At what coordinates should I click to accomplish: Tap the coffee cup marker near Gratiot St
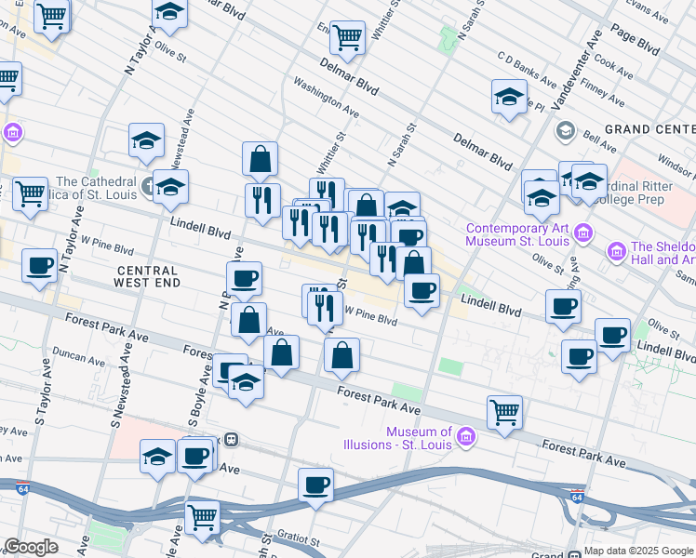316,485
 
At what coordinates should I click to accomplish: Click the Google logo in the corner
31,548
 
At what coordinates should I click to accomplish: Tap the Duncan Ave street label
80,356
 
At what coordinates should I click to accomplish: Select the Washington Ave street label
326,96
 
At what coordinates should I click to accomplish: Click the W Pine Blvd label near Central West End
107,251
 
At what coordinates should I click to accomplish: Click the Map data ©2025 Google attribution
639,551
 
